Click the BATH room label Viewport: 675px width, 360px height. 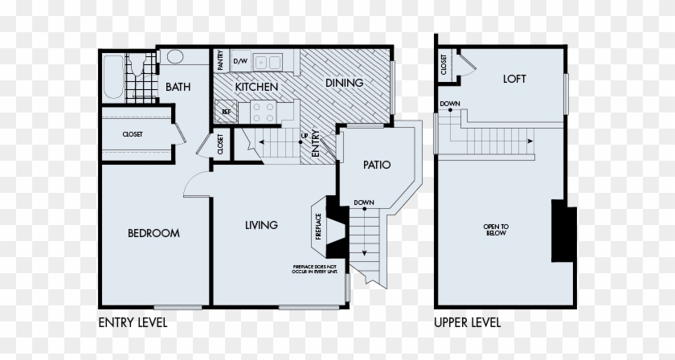pyautogui.click(x=178, y=87)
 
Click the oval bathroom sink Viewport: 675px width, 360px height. pyautogui.click(x=174, y=58)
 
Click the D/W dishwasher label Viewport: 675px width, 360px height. pyautogui.click(x=240, y=61)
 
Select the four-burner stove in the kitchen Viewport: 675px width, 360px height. pyautogui.click(x=264, y=111)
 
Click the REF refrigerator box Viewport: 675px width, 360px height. pyautogui.click(x=227, y=112)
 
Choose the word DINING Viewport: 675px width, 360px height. pyautogui.click(x=344, y=83)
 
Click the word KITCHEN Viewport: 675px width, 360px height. pyautogui.click(x=256, y=86)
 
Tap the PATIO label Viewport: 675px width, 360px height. pyautogui.click(x=375, y=166)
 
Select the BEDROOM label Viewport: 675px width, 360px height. pyautogui.click(x=153, y=233)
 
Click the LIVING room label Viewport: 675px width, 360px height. pyautogui.click(x=261, y=225)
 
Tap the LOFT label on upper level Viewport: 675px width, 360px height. pyautogui.click(x=514, y=79)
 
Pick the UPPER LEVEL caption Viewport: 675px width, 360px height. pyautogui.click(x=467, y=323)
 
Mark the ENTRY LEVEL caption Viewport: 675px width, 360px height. pyautogui.click(x=133, y=323)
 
